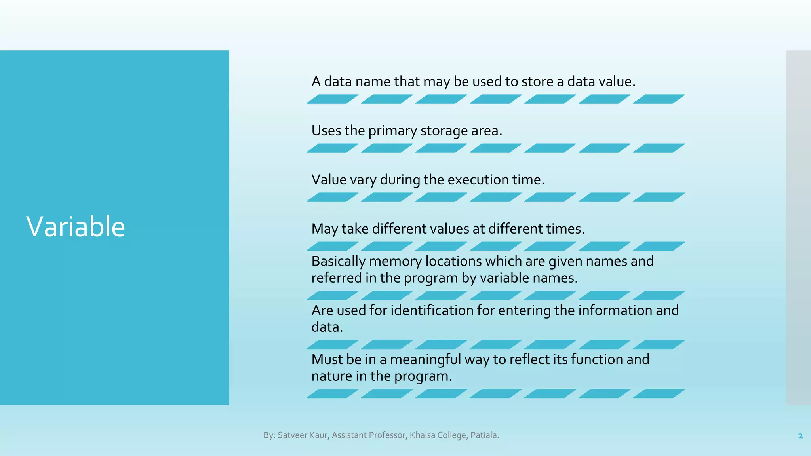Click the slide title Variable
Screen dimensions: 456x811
[76, 226]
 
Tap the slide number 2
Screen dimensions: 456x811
[800, 436]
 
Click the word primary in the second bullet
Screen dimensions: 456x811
[392, 131]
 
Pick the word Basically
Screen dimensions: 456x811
[338, 261]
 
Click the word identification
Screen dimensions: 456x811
[432, 310]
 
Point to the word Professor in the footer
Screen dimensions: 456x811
[387, 435]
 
